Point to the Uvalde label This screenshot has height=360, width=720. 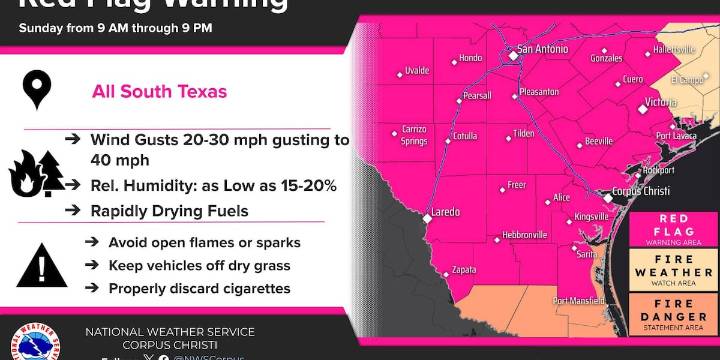pyautogui.click(x=417, y=70)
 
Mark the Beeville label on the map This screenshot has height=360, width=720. pyautogui.click(x=598, y=141)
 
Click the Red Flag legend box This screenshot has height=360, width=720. pyautogui.click(x=673, y=229)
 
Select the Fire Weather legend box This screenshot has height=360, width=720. pyautogui.click(x=673, y=272)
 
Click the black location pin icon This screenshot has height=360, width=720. pyautogui.click(x=37, y=92)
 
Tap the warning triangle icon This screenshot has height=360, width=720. pyautogui.click(x=37, y=265)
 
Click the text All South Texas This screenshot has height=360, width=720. pyautogui.click(x=159, y=92)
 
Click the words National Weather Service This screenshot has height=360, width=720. pyautogui.click(x=170, y=332)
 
